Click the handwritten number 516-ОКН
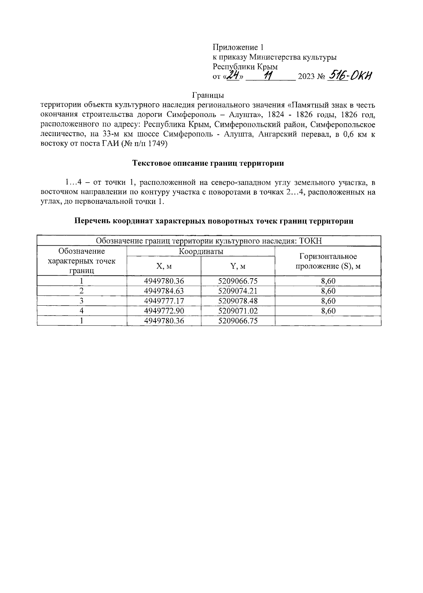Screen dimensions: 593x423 [x=350, y=75]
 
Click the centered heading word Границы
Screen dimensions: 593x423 [x=208, y=96]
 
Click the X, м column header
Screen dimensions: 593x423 [x=164, y=266]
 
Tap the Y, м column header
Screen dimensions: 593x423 [x=238, y=266]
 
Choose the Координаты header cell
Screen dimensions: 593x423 [x=201, y=251]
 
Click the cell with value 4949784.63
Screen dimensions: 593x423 [x=164, y=291]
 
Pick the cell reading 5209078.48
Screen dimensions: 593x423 [x=238, y=301]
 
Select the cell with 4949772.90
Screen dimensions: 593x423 [x=164, y=311]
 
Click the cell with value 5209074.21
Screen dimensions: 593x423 [x=238, y=291]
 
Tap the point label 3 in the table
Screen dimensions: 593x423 [x=82, y=301]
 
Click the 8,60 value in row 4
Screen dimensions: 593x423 [x=328, y=311]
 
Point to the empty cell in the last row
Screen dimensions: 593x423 [x=328, y=320]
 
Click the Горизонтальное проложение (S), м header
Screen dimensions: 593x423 [x=328, y=261]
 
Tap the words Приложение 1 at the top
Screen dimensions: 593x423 [x=238, y=47]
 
